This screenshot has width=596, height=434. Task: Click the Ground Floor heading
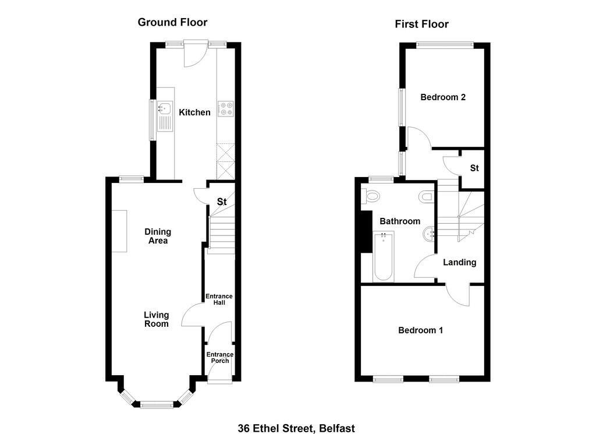click(x=172, y=22)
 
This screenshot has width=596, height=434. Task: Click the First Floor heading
click(x=421, y=24)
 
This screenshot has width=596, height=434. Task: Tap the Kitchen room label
click(x=194, y=112)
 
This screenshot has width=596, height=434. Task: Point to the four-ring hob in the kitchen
click(x=226, y=109)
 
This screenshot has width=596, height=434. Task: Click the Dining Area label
click(x=158, y=236)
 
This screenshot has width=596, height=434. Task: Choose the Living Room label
click(x=156, y=319)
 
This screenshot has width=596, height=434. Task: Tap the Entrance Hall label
click(x=219, y=299)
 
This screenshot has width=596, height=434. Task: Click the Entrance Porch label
click(x=219, y=358)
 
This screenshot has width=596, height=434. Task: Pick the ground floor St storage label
click(x=222, y=202)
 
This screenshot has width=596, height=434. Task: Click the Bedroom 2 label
click(x=443, y=97)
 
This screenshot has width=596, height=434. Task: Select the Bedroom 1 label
click(x=420, y=330)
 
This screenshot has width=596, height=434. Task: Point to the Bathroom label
click(x=400, y=221)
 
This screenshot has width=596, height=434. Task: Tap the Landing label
click(x=460, y=262)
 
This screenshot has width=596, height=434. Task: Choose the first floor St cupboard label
click(x=474, y=168)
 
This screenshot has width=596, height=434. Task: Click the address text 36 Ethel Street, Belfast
click(x=296, y=428)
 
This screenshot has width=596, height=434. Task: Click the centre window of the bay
click(x=157, y=405)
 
